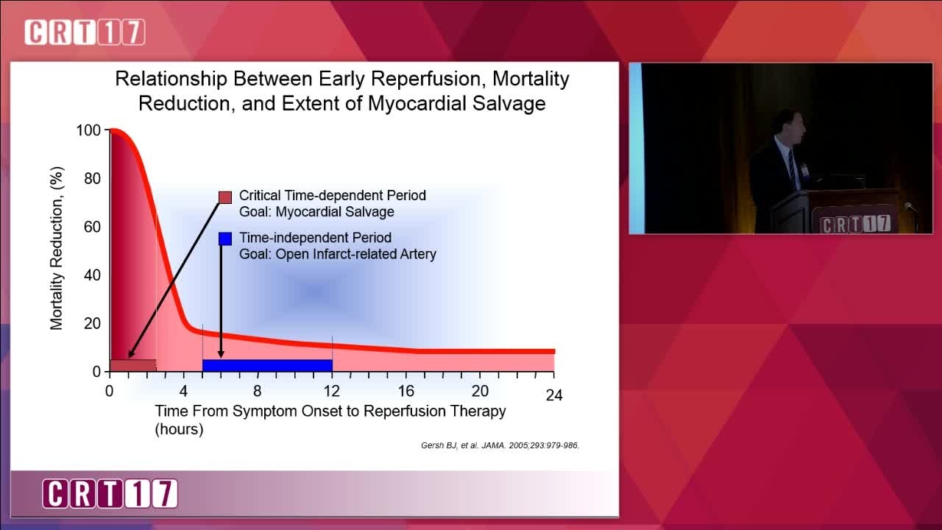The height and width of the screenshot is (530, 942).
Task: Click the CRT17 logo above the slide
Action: point(85,32)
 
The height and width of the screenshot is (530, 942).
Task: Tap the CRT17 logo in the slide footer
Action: point(110,493)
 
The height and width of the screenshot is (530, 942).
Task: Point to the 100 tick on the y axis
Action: point(88,130)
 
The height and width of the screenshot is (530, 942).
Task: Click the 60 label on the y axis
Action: point(93,227)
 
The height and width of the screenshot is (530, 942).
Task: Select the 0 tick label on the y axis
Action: point(96,372)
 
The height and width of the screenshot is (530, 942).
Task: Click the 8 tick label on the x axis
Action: point(258,391)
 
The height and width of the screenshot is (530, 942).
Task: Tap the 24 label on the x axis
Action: point(554,395)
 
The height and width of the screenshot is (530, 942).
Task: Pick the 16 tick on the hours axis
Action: point(406,391)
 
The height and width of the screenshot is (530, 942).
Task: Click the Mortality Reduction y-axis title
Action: point(57,248)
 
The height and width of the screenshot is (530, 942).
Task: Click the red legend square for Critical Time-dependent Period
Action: point(225,197)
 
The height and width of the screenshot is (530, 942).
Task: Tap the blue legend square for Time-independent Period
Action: point(225,239)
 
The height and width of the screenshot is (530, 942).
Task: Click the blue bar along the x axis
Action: point(267,365)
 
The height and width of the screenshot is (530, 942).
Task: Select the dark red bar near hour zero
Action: point(133,365)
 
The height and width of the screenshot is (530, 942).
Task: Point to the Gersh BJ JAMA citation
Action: point(500,445)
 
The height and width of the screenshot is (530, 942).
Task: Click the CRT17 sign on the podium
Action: point(855,224)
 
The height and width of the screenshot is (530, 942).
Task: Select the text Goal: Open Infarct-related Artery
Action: point(338,255)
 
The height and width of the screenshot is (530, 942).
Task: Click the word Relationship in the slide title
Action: point(171,79)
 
